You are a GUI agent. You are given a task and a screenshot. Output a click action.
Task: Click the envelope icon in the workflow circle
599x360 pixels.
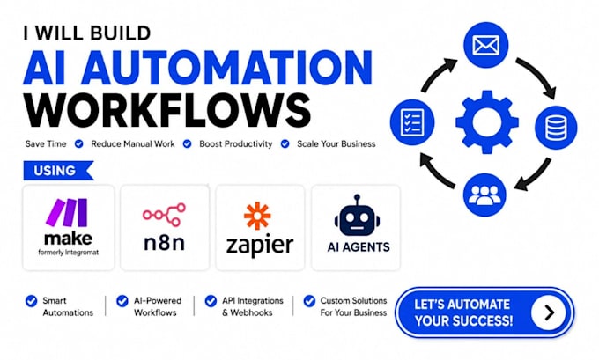[486, 45]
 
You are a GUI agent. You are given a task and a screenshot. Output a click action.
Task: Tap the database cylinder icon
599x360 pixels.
[556, 127]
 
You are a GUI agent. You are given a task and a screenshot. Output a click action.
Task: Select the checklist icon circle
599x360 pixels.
[412, 122]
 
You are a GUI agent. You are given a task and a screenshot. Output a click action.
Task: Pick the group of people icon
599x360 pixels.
[484, 195]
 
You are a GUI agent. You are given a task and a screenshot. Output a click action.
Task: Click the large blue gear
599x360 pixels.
[487, 122]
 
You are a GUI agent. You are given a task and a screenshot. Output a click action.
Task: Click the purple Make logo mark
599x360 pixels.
[66, 212]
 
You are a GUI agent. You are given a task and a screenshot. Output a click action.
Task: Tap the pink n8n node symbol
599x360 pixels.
[164, 215]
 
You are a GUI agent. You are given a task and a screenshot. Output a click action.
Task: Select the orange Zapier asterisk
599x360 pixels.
[257, 216]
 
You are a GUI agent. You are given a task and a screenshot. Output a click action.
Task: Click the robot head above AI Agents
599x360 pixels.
[357, 216]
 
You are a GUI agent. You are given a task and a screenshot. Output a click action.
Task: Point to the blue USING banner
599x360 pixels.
[58, 170]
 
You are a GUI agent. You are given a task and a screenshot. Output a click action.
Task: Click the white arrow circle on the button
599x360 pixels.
[549, 312]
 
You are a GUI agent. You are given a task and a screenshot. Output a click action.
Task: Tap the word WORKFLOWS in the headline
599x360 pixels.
[167, 109]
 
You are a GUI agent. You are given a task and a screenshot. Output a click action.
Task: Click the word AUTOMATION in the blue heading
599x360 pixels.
[227, 68]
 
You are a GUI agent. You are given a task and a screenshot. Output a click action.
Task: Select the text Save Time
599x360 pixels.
[46, 144]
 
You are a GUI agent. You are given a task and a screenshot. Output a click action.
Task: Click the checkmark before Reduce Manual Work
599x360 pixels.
[79, 144]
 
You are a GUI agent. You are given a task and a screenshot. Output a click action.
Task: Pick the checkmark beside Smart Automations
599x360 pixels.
[32, 301]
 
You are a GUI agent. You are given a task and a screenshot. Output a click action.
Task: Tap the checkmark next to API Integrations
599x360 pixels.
[211, 301]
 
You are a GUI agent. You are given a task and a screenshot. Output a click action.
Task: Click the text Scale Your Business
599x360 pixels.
[336, 144]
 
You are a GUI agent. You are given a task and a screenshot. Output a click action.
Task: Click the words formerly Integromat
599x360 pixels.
[69, 253]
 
